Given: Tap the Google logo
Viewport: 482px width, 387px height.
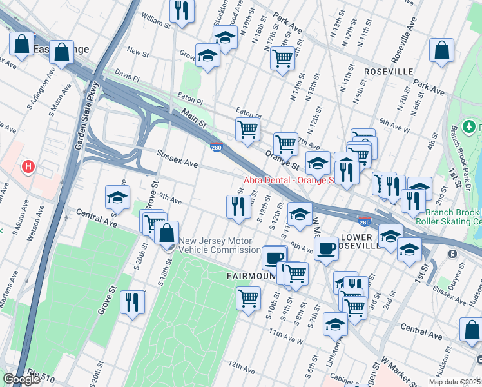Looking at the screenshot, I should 21,379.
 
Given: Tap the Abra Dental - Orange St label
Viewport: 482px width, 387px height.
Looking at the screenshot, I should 287,180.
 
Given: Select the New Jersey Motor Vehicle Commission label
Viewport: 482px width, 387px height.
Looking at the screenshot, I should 220,246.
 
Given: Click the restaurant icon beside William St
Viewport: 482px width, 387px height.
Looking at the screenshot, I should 182,10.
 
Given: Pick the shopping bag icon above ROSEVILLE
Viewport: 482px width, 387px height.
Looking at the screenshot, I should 442,50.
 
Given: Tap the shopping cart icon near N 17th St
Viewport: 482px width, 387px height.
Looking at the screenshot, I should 282,58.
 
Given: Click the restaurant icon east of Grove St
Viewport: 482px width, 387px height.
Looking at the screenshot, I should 133,301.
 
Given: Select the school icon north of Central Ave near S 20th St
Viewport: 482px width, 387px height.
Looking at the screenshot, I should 117,197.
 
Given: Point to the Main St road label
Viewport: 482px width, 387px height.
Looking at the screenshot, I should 193,119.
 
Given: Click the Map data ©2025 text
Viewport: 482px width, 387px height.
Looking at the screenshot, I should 454,382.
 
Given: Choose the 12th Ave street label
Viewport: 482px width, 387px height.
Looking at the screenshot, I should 241,368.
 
